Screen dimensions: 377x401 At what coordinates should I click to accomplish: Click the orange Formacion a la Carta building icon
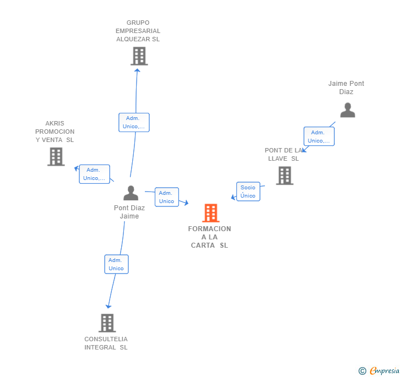tap(210, 213)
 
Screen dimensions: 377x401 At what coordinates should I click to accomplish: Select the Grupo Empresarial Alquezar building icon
tap(139, 56)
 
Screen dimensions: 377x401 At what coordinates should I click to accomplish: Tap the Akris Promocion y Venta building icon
tap(56, 157)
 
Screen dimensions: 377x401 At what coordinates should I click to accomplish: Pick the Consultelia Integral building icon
tap(107, 323)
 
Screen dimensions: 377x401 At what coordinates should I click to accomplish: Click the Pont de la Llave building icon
tap(284, 176)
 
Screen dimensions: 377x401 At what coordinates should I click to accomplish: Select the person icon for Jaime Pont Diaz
tap(348, 111)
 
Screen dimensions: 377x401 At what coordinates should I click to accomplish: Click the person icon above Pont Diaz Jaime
tap(131, 193)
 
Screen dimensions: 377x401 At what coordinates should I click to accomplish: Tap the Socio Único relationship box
tap(248, 192)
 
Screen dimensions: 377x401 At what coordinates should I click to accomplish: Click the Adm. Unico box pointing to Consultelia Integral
tap(116, 264)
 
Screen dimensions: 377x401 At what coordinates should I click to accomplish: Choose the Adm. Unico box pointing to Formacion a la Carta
tap(166, 197)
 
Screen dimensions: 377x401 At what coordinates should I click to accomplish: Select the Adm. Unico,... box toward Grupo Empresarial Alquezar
tap(134, 122)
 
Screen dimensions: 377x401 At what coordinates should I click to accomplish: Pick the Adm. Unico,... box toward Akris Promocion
tap(94, 174)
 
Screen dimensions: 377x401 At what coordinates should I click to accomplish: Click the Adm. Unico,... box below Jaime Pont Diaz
tap(319, 136)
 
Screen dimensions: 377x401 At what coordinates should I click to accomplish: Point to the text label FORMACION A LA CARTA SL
tap(209, 237)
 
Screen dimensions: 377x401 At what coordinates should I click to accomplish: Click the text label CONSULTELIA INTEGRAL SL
tap(106, 343)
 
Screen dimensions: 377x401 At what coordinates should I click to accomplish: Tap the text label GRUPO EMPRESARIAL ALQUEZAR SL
tap(138, 31)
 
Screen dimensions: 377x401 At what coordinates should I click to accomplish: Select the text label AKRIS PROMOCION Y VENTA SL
tap(55, 132)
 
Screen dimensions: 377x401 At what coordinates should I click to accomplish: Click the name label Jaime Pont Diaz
tap(346, 88)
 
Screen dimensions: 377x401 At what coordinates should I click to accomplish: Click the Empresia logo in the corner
tap(380, 371)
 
